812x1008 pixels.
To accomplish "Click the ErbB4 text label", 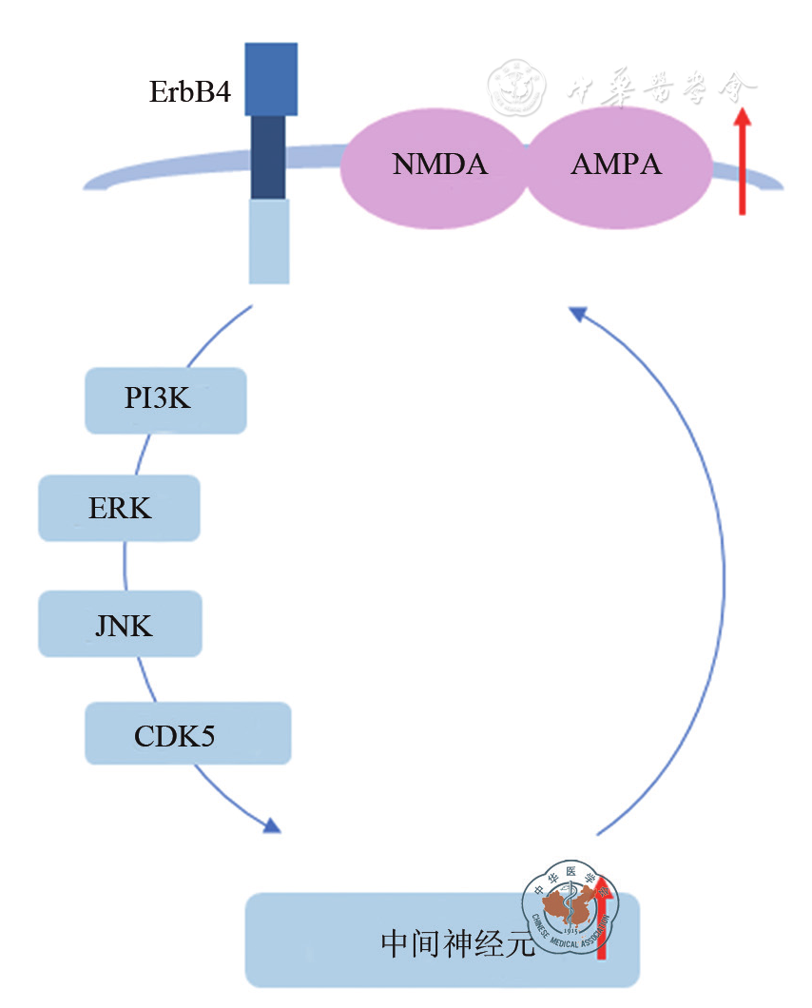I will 190,92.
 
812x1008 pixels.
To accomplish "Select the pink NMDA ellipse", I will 438,165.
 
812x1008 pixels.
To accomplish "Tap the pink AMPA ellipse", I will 616,165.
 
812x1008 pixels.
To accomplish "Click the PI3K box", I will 165,400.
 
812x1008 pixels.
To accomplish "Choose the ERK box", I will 119,509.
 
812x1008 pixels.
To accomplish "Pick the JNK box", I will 120,624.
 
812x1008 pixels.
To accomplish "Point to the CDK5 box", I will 187,733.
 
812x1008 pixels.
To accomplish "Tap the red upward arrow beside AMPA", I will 743,162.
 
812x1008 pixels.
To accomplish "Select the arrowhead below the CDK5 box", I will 273,825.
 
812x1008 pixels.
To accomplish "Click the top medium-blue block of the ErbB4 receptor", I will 271,79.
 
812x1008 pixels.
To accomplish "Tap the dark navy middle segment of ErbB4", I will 268,157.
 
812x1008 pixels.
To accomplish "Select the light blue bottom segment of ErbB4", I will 269,241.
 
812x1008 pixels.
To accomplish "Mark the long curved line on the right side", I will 722,571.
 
